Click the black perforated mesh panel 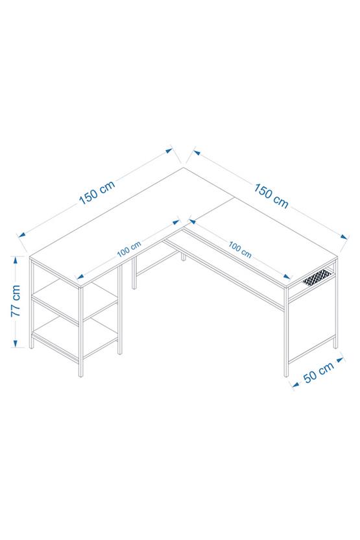click(320, 277)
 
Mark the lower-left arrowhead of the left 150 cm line click(21, 234)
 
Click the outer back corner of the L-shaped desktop click(185, 167)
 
